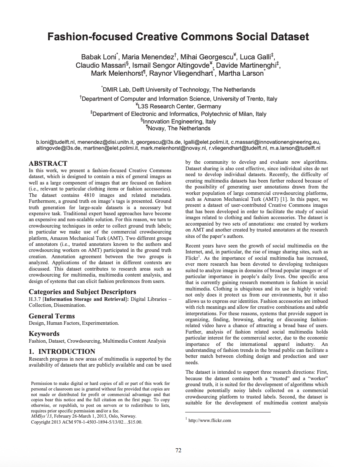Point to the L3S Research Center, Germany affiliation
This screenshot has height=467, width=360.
[x=180, y=106]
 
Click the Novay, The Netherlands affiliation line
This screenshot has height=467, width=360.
[x=180, y=128]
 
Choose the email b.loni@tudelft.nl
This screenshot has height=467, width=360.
[x=55, y=141]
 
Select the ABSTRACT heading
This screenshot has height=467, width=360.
[x=48, y=163]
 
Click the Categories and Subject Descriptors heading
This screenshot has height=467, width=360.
[x=82, y=292]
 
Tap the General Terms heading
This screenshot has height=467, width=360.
[x=52, y=316]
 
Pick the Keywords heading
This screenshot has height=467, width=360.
[x=44, y=334]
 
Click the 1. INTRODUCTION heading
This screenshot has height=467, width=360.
[x=62, y=351]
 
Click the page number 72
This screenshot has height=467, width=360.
[x=178, y=451]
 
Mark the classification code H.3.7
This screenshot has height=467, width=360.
[x=35, y=299]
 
